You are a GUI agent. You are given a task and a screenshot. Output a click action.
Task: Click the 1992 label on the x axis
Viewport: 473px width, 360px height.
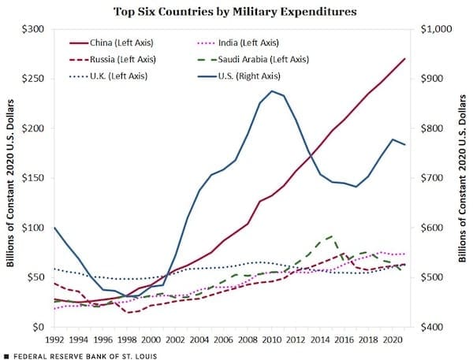(55, 340)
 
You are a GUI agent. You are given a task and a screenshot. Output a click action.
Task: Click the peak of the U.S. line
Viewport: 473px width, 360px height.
(272, 91)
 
